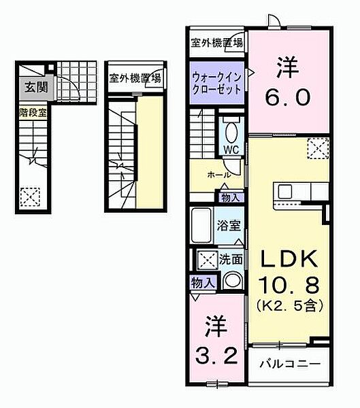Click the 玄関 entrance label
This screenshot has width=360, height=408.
pos(33,88)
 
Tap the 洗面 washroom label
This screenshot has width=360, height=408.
pos(231,258)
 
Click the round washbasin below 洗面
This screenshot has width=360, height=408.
pos(233,280)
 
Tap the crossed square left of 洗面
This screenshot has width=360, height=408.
pos(206,259)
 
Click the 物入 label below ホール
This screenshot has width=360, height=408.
pos(229,197)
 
